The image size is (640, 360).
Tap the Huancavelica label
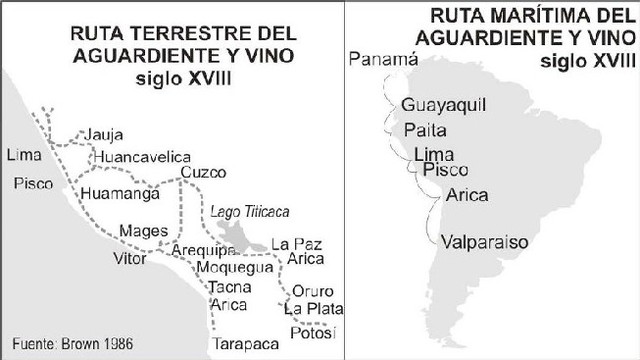click(140, 158)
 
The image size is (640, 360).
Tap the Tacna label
click(228, 288)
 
